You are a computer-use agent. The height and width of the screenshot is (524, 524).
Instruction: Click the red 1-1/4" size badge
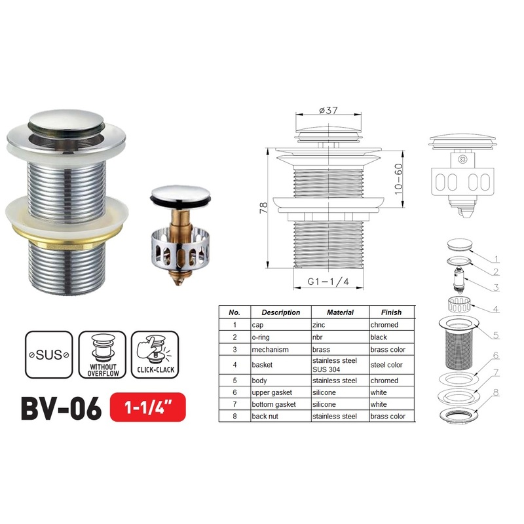pyautogui.click(x=148, y=409)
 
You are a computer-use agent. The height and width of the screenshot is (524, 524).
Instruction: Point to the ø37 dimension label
pyautogui.click(x=328, y=111)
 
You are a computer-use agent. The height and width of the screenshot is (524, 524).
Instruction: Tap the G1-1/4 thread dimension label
pyautogui.click(x=327, y=283)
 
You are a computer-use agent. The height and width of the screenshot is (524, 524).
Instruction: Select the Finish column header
pyautogui.click(x=386, y=312)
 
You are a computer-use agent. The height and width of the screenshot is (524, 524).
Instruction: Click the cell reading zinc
pyautogui.click(x=320, y=325)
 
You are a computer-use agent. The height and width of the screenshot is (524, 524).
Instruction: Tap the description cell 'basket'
pyautogui.click(x=263, y=365)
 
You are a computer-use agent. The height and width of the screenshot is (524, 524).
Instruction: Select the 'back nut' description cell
pyautogui.click(x=269, y=416)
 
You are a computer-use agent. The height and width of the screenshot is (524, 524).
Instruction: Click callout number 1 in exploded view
pyautogui.click(x=496, y=259)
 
